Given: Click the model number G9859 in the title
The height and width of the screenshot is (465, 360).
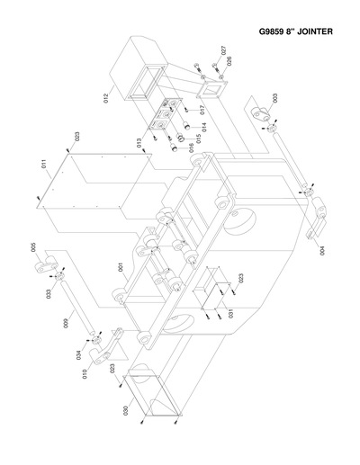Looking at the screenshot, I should coord(272,33).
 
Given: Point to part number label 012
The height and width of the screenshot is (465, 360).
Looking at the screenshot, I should coord(104,95).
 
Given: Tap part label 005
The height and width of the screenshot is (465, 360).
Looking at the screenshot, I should coord(33,248).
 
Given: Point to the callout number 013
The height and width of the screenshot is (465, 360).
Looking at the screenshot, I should coord(139,143).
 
